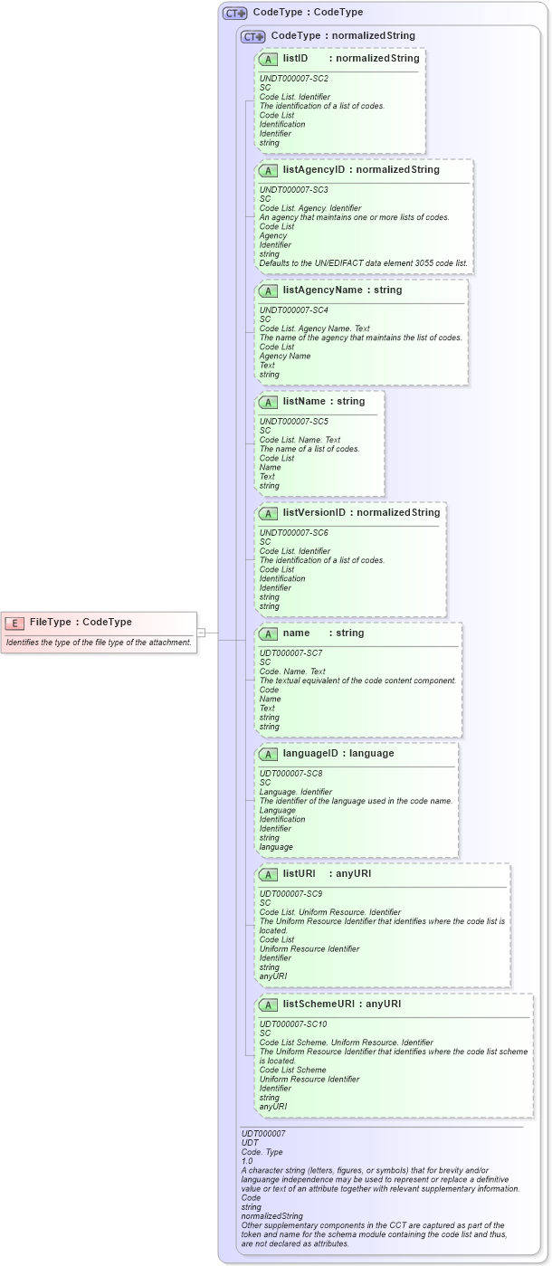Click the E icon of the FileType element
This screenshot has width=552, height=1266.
(x=14, y=623)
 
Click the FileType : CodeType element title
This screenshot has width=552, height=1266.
(x=81, y=623)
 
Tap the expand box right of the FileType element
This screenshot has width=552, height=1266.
(x=202, y=633)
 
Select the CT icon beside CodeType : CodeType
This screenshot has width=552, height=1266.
(x=235, y=13)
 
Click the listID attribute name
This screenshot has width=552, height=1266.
(x=296, y=59)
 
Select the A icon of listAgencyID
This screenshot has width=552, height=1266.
(x=269, y=170)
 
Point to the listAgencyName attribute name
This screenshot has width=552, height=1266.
(x=329, y=290)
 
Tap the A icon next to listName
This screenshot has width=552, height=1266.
(x=269, y=402)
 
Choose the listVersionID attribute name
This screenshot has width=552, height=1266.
(x=314, y=513)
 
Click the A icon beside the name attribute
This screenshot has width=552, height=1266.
(x=269, y=633)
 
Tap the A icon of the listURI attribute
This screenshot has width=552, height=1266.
(x=269, y=874)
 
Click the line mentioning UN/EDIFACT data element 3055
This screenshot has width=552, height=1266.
(x=363, y=263)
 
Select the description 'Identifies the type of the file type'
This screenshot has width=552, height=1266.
(x=99, y=643)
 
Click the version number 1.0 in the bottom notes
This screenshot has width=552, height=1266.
(x=247, y=1161)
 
